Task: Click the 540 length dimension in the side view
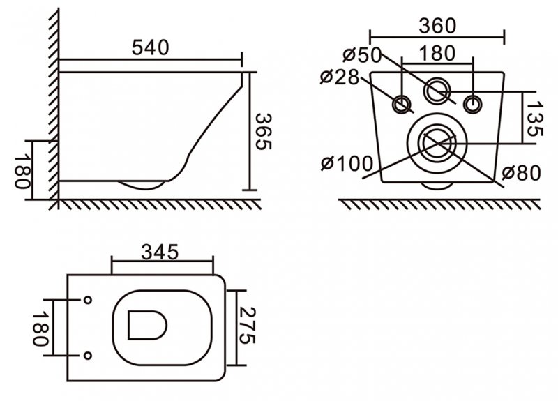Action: coord(150,47)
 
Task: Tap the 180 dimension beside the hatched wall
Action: coord(23,170)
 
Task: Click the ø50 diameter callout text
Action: coord(362,54)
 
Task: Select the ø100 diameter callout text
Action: coord(346,165)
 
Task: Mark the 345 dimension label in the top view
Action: coord(160,251)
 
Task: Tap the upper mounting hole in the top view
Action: coord(86,301)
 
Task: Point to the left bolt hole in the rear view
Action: coord(402,104)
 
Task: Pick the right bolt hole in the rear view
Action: coord(472,104)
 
